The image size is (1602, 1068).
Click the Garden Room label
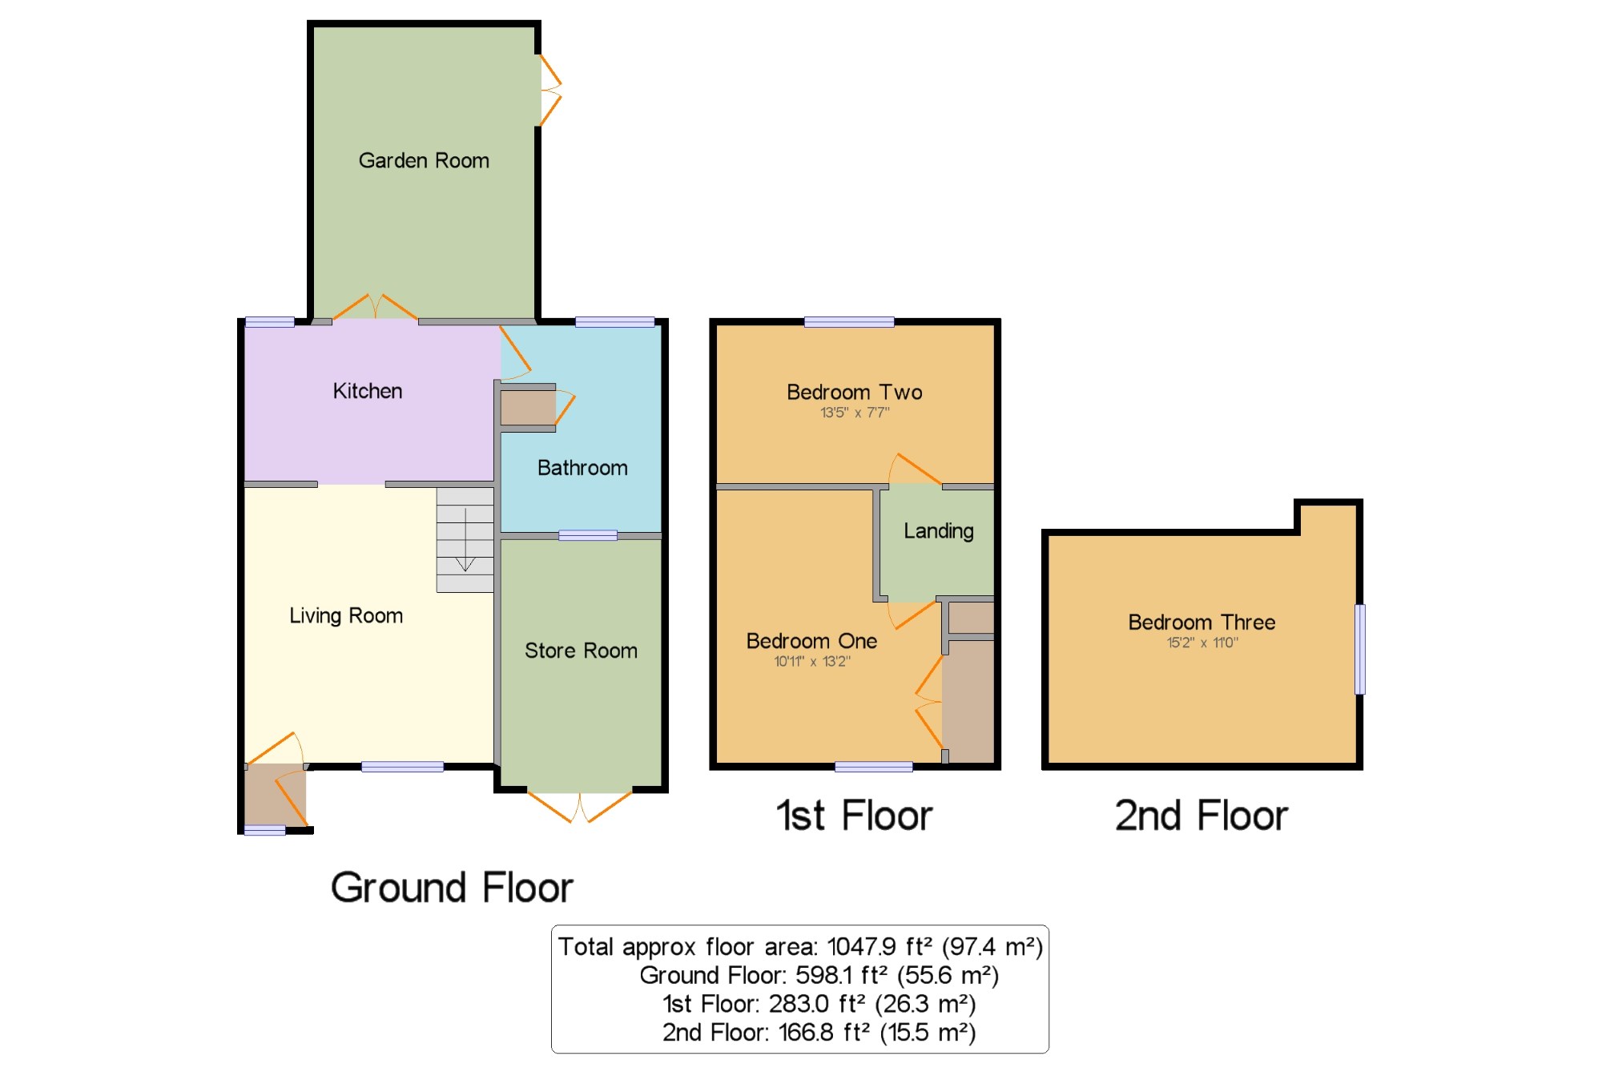click(x=424, y=160)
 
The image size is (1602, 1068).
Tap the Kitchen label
click(x=368, y=391)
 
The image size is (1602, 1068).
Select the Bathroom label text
click(x=582, y=468)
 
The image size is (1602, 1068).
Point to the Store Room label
click(x=581, y=651)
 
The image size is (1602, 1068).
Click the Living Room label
click(x=346, y=616)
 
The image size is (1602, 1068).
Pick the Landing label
click(x=939, y=531)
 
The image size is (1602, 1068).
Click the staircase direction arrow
click(x=465, y=540)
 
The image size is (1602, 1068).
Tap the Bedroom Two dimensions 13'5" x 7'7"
click(x=855, y=413)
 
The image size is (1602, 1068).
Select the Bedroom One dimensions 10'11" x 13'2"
click(x=812, y=661)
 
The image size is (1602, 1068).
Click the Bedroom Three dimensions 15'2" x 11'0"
click(x=1202, y=642)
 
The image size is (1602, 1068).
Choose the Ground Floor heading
click(x=453, y=888)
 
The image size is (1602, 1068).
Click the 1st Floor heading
click(x=855, y=816)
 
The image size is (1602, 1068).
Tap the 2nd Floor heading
click(x=1201, y=816)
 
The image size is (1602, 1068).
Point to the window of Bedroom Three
click(x=1360, y=649)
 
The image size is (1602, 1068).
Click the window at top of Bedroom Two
click(x=849, y=322)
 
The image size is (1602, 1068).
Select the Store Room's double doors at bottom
click(x=580, y=806)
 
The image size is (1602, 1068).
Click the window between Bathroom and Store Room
click(x=588, y=535)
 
